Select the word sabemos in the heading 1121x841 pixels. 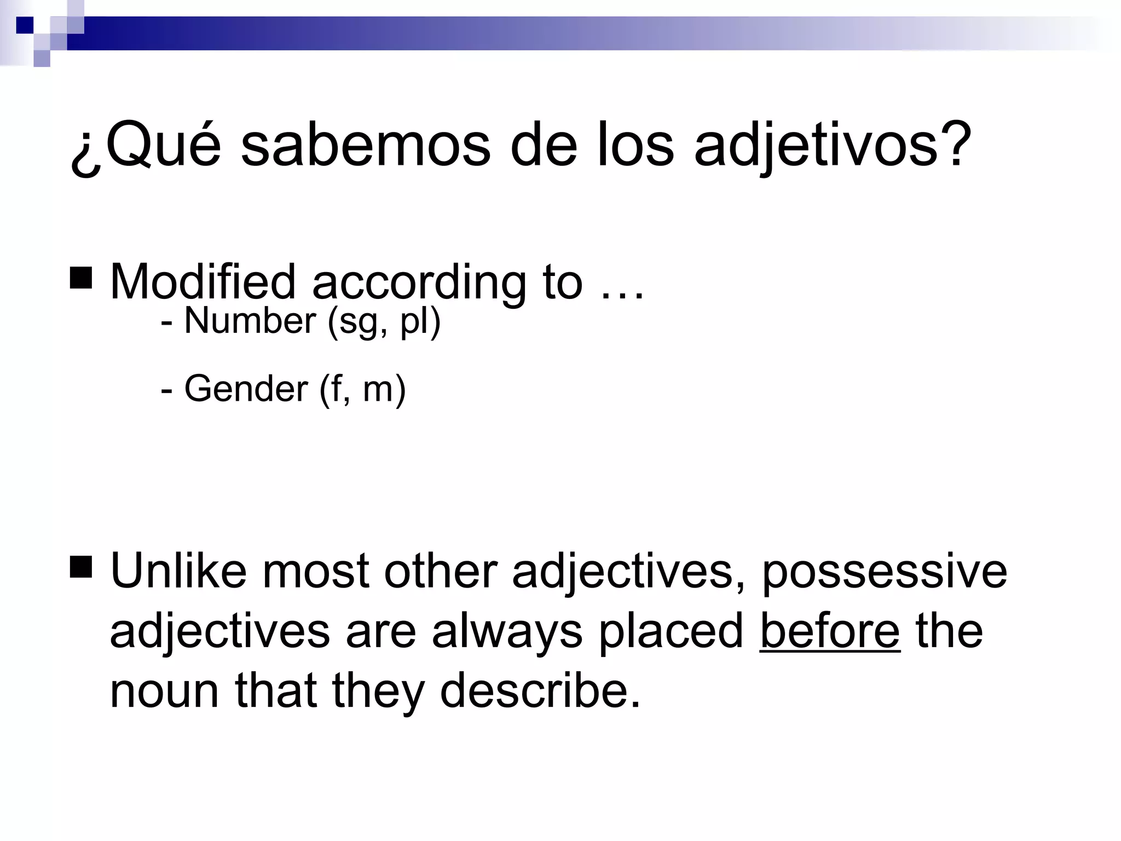(365, 145)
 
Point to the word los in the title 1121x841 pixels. (635, 145)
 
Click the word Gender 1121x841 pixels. (246, 389)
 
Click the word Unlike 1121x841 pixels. (178, 571)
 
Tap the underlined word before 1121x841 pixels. (829, 631)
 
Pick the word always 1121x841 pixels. (507, 632)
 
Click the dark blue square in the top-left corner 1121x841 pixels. (25, 25)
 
